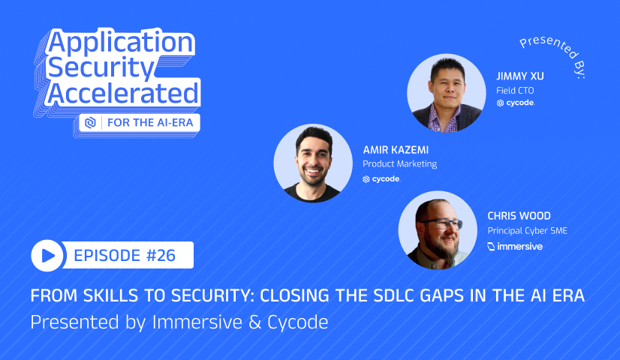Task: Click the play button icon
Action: click(47, 255)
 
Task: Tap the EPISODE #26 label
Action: click(125, 255)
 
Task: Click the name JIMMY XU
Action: click(520, 76)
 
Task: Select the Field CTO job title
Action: click(515, 91)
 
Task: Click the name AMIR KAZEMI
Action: click(396, 150)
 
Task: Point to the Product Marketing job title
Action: click(400, 164)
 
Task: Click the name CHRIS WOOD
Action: click(519, 216)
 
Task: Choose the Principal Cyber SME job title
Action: click(528, 231)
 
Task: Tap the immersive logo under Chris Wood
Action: click(515, 247)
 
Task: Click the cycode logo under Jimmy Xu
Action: click(516, 103)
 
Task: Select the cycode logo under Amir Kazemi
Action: click(381, 179)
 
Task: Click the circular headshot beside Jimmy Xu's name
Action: click(447, 93)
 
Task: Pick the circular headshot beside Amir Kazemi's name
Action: click(313, 163)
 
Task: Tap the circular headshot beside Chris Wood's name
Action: click(438, 230)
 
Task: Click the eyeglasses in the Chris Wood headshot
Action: click(443, 223)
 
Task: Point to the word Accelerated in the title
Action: click(123, 93)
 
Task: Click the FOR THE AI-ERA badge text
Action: click(150, 122)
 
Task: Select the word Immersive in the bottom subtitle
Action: click(197, 322)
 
